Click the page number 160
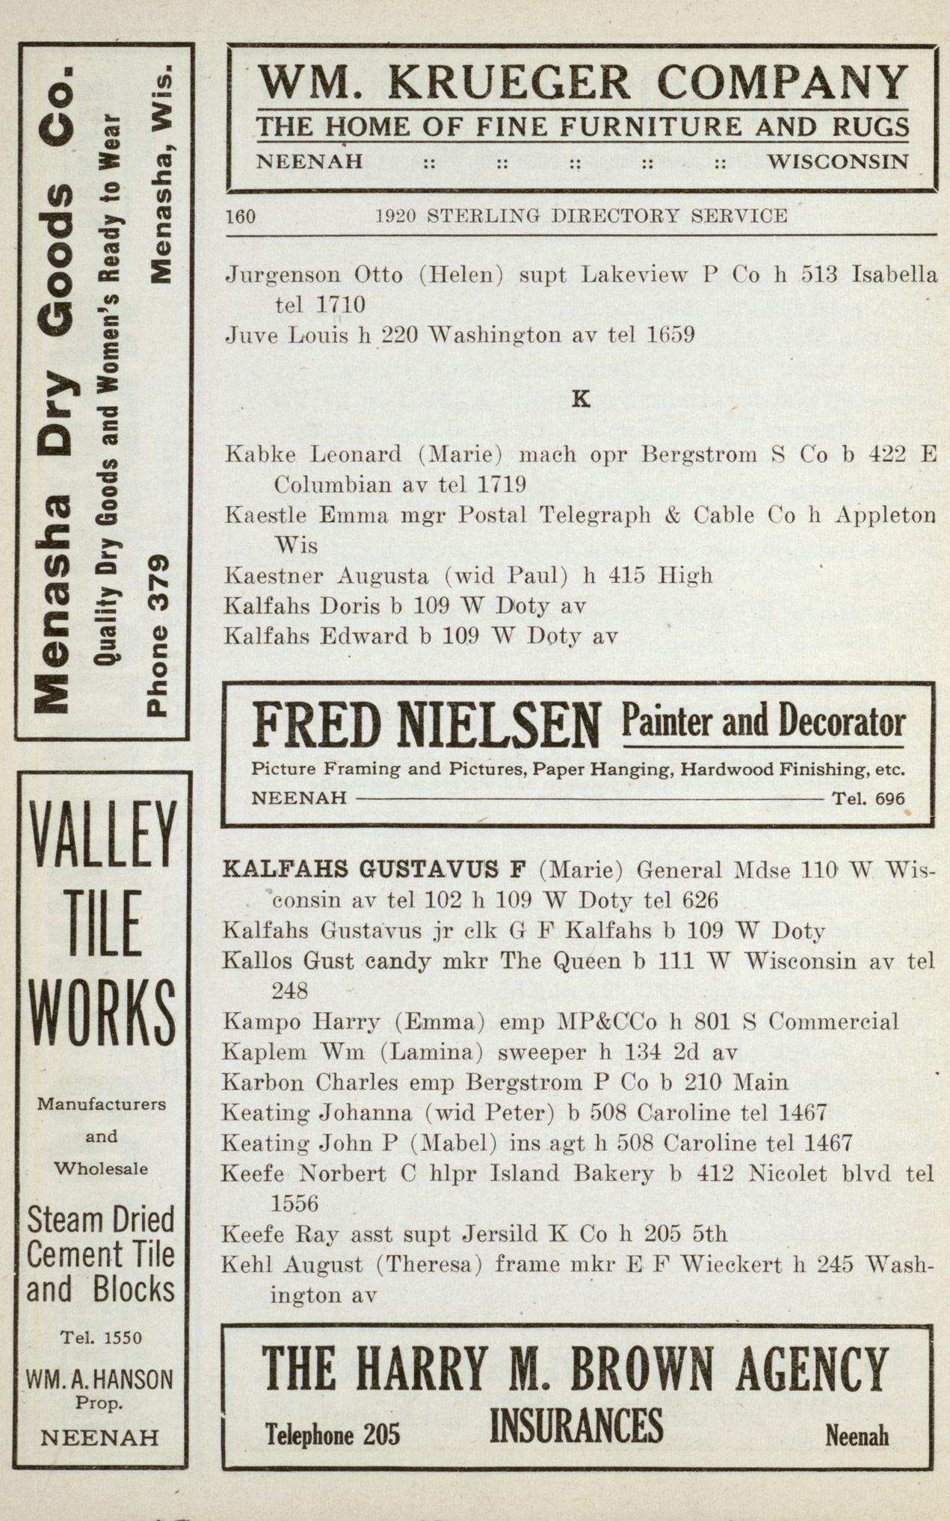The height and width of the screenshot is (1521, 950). click(240, 217)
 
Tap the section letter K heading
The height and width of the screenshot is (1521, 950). click(580, 399)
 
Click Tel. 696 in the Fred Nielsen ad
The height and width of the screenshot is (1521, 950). click(868, 798)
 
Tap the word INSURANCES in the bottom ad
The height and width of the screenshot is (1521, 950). click(576, 1426)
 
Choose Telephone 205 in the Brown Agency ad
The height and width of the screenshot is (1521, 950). click(333, 1434)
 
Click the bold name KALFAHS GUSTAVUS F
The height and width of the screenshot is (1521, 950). click(374, 869)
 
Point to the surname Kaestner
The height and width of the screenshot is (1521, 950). click(272, 576)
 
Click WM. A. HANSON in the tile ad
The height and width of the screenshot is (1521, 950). click(99, 1378)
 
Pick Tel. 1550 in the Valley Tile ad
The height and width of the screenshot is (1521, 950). click(101, 1337)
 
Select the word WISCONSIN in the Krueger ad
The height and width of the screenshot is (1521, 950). click(838, 161)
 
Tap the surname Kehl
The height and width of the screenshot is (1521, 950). click(244, 1265)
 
